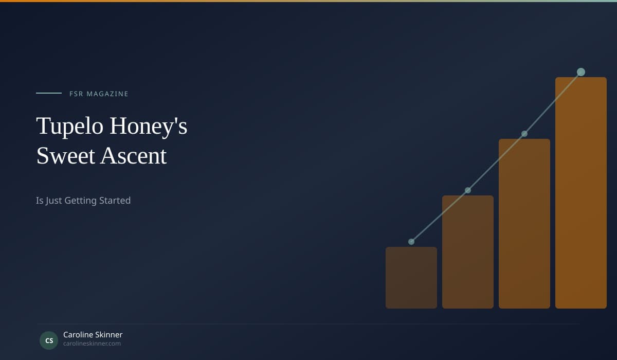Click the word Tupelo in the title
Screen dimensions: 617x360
pos(70,126)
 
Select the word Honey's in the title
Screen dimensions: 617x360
pos(149,126)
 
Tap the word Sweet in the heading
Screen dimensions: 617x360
pos(66,156)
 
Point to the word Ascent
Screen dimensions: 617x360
pos(134,156)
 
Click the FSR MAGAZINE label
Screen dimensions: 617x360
pos(99,94)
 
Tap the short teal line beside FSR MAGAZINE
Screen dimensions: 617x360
pos(49,93)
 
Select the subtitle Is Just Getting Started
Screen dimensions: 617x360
pos(83,201)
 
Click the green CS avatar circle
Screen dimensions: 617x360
pos(49,340)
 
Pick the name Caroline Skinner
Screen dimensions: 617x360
pos(93,335)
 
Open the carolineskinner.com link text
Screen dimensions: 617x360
pos(92,344)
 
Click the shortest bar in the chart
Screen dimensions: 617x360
pos(411,278)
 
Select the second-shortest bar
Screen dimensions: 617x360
pos(468,252)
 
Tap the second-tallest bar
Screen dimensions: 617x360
pos(524,224)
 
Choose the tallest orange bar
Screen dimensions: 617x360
pos(581,193)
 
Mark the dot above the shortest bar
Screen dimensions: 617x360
pos(411,242)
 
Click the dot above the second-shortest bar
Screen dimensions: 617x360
pos(468,190)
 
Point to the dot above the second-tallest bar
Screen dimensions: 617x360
pos(524,134)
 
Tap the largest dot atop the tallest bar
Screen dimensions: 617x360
pos(581,72)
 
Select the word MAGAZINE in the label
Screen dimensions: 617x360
pos(107,94)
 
